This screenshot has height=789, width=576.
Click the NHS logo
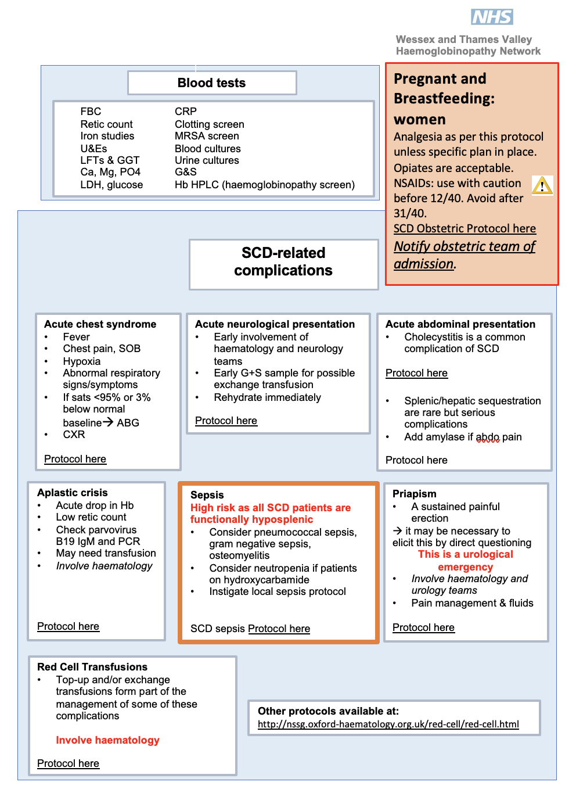click(492, 17)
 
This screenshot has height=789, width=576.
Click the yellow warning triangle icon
click(542, 185)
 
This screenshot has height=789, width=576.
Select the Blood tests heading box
click(212, 83)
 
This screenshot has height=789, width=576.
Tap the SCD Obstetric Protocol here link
click(465, 229)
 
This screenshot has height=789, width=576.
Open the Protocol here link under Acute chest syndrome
click(75, 459)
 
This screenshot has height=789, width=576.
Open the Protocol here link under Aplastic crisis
click(68, 626)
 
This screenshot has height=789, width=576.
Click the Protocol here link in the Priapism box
click(423, 627)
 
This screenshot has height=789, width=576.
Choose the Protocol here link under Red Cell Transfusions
click(68, 763)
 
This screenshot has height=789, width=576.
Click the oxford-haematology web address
click(388, 724)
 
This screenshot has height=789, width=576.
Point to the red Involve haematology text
click(107, 740)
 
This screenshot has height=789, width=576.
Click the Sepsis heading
click(207, 495)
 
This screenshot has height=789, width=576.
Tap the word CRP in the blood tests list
click(186, 112)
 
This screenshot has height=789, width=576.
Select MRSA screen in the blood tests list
click(207, 136)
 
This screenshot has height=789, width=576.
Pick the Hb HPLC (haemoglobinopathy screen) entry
click(264, 185)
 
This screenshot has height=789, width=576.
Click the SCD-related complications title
click(283, 262)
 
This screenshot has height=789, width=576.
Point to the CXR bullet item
click(74, 435)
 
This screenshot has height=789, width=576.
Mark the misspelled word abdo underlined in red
click(488, 437)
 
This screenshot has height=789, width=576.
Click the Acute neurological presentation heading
click(275, 324)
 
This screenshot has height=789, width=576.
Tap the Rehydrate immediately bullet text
click(267, 397)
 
